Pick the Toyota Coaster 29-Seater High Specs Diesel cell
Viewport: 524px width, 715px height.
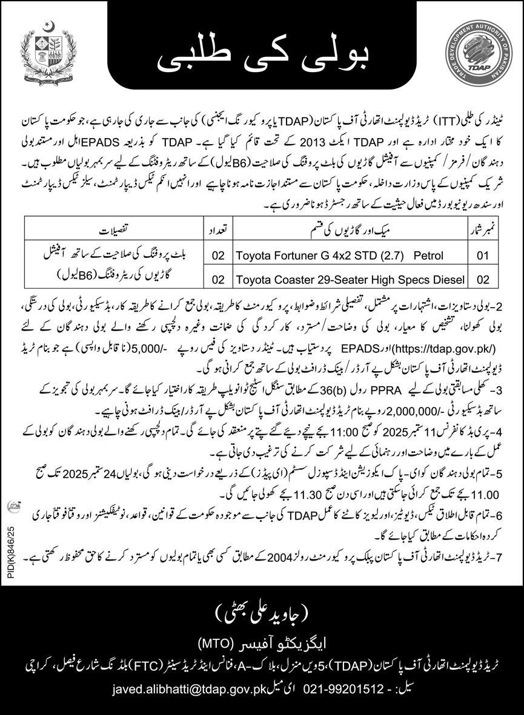tap(350, 279)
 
